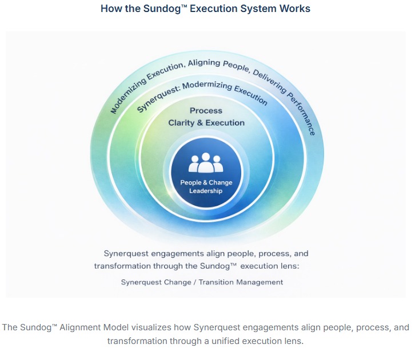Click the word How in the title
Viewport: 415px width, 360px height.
click(x=111, y=9)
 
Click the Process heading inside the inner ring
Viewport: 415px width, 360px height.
click(x=206, y=110)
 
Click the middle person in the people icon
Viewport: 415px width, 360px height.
click(x=206, y=162)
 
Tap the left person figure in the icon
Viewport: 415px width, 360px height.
click(x=194, y=165)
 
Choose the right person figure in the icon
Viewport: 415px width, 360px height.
click(x=218, y=165)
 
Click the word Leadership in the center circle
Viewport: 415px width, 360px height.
click(x=206, y=191)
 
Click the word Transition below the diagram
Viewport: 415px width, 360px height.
click(x=223, y=282)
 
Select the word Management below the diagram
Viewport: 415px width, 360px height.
click(x=262, y=282)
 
